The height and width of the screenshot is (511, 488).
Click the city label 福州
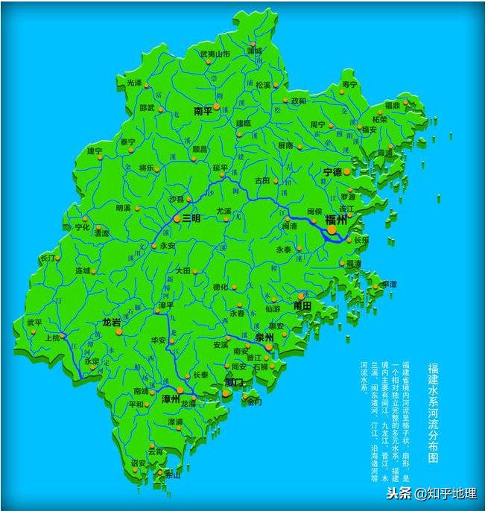click(336, 220)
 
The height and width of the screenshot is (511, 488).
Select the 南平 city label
click(203, 111)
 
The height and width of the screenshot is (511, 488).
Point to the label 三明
click(191, 219)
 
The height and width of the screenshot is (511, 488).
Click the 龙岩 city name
click(112, 323)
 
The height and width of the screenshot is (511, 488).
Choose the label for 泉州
click(264, 337)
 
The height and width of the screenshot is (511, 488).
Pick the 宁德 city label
click(332, 172)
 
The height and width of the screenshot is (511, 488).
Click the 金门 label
click(254, 401)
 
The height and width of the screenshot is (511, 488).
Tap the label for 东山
click(173, 475)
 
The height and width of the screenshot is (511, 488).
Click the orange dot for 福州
click(332, 231)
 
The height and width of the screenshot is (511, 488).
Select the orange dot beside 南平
click(217, 107)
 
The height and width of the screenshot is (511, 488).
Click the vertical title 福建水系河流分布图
click(432, 410)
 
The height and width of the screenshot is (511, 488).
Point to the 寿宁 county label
click(349, 84)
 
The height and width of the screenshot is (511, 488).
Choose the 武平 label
click(35, 323)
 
